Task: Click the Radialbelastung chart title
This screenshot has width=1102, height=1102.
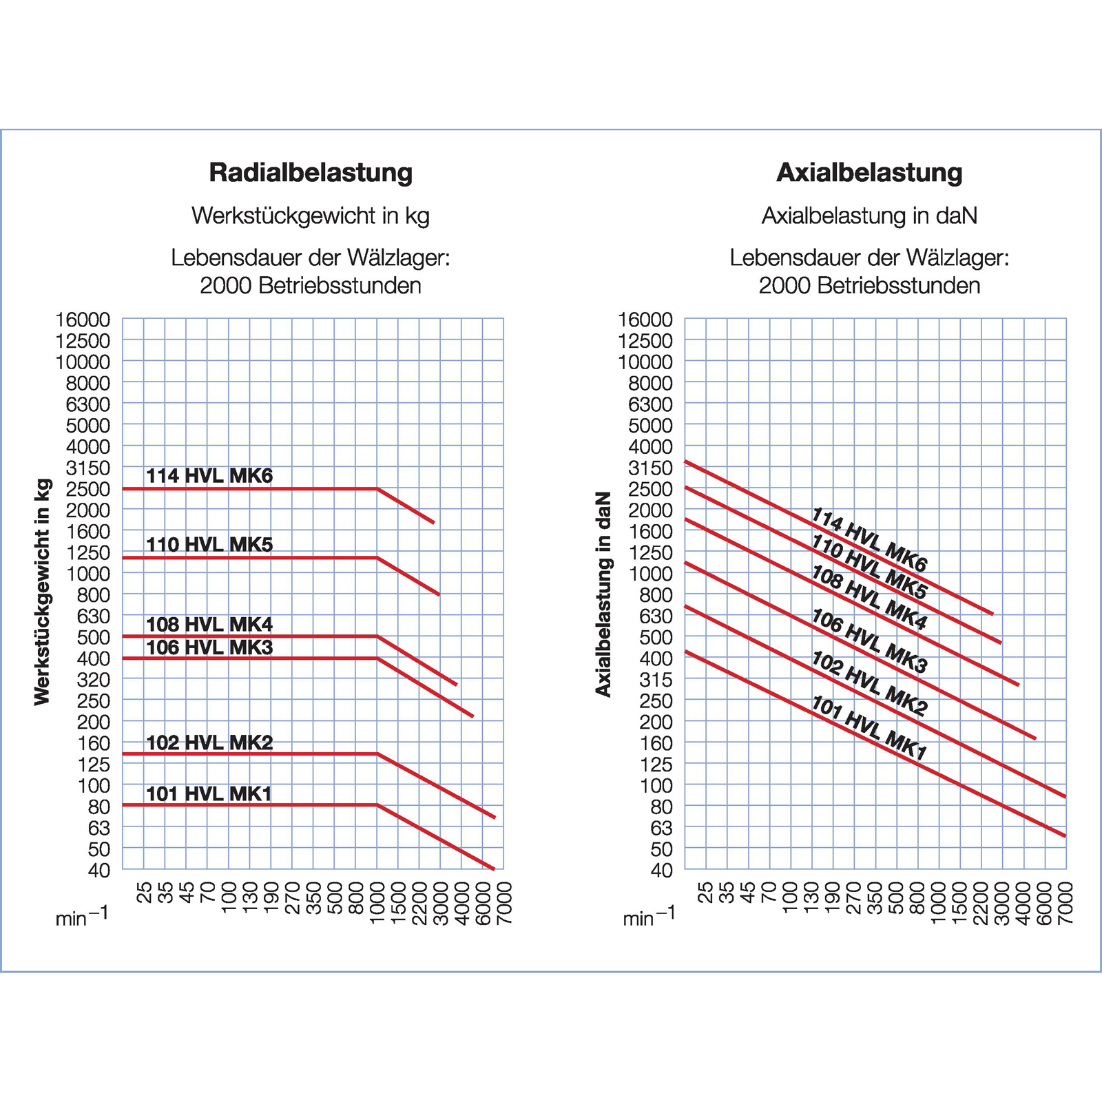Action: click(311, 172)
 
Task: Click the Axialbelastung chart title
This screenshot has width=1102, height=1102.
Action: click(869, 172)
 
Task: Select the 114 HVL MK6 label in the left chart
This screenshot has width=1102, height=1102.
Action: click(209, 476)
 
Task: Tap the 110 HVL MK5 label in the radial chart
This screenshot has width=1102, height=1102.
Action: click(209, 545)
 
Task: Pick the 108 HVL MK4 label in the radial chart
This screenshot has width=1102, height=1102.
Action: click(209, 625)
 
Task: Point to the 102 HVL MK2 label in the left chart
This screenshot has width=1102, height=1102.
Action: click(209, 742)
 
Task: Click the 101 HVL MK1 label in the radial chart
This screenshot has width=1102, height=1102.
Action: click(209, 794)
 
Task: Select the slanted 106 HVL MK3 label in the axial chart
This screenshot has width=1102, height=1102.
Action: click(869, 641)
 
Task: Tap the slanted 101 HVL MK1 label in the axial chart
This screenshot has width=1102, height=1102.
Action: click(869, 728)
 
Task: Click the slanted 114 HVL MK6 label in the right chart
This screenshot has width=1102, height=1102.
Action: click(869, 540)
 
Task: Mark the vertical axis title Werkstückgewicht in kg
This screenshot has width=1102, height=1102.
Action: click(43, 592)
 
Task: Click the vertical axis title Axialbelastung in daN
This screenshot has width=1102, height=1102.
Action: click(603, 594)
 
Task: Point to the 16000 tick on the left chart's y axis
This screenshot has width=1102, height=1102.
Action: click(83, 320)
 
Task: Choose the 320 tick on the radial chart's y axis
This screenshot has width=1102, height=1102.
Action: click(94, 680)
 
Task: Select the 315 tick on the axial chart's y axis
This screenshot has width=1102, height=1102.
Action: click(656, 680)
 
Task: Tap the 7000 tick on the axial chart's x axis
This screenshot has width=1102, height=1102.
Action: click(1066, 903)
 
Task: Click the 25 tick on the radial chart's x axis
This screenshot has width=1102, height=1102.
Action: click(144, 893)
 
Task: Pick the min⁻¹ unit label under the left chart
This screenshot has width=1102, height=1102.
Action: click(82, 917)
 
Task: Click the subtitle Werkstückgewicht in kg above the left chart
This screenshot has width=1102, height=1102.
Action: click(311, 216)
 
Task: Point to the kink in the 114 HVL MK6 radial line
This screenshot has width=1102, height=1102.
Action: click(377, 489)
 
